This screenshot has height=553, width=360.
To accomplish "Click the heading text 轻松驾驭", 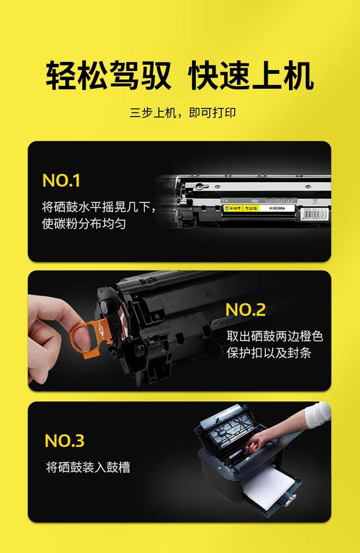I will coord(108,75).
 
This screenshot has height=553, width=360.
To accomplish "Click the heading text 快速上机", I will coord(251,75).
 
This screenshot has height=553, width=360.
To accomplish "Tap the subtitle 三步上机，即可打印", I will coord(182,113).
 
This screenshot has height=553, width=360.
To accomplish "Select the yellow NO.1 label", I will coord(61,180).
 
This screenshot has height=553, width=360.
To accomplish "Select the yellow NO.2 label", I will coord(245,310).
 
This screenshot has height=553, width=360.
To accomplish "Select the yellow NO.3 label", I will coord(64,441).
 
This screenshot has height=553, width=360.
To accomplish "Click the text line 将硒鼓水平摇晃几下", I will coord(98,207).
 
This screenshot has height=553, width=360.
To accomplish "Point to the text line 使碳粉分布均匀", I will coord(84,224).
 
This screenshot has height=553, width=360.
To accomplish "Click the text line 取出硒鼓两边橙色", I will coord(275,336).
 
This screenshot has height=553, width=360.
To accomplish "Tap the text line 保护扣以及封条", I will coord(269,353).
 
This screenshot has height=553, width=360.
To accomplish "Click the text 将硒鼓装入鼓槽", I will coord(88,467).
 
